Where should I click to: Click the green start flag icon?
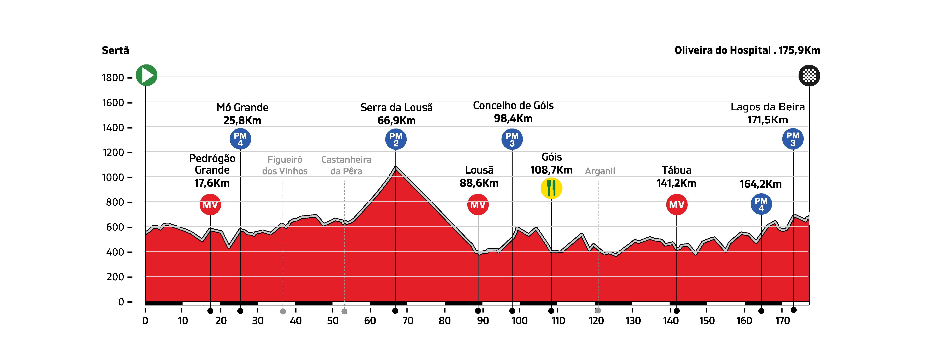point(146,76)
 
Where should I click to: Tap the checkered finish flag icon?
point(809,76)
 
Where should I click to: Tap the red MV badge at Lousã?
point(478,205)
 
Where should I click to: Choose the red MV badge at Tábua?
point(676,205)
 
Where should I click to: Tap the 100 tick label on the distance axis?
point(519,321)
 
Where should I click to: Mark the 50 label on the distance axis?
point(333,321)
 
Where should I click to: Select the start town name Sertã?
point(115,50)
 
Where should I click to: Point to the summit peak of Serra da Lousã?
point(396,167)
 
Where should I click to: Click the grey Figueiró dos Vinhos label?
point(285,165)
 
